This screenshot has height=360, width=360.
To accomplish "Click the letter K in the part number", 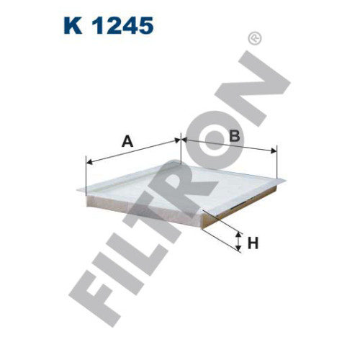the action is (73, 25).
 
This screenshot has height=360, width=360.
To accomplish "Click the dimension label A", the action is (127, 141).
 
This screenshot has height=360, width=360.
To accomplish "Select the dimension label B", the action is (235, 135).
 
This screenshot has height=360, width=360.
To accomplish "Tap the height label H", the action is (253, 243).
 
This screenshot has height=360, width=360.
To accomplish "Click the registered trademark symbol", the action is (255, 38).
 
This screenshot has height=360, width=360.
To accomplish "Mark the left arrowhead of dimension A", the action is (89, 162).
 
